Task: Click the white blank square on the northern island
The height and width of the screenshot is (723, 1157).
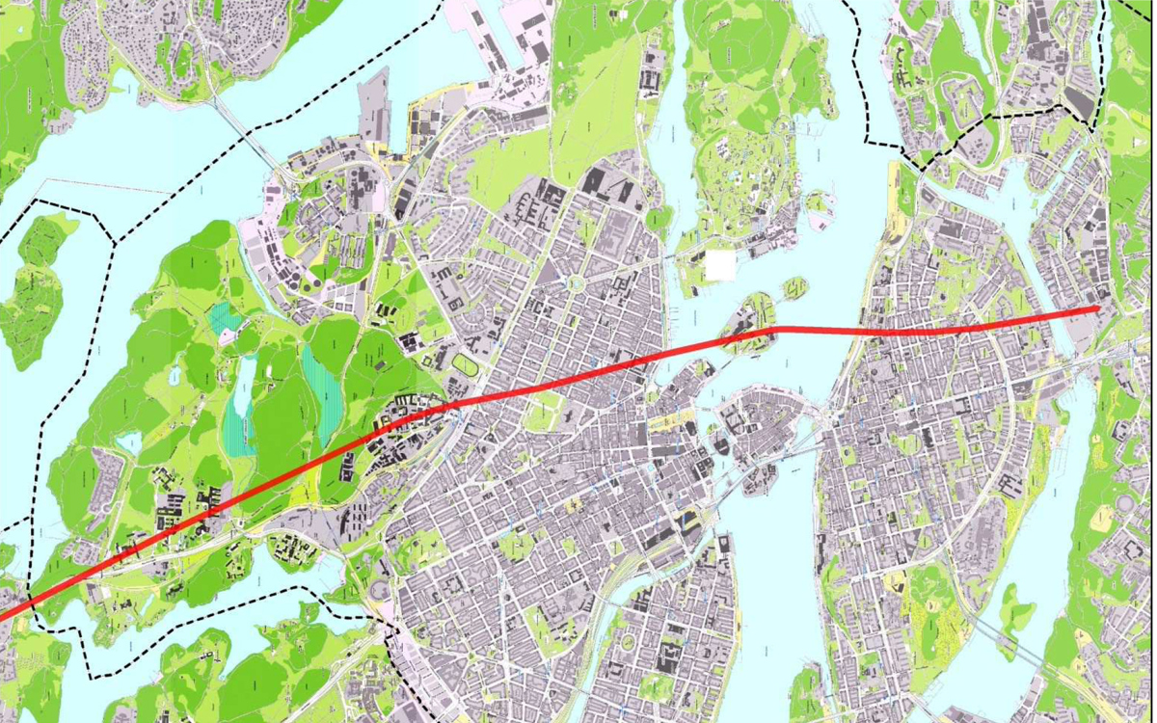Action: tap(718, 265)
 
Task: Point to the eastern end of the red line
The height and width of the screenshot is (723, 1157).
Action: tap(1099, 309)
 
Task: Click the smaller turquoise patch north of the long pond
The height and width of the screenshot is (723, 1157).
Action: tap(224, 316)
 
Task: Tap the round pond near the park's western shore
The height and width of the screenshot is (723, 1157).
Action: tap(128, 442)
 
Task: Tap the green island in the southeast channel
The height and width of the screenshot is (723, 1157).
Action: tap(1014, 607)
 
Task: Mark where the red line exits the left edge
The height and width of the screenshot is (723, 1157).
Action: tap(3, 616)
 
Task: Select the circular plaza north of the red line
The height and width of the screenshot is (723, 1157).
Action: tap(576, 283)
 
